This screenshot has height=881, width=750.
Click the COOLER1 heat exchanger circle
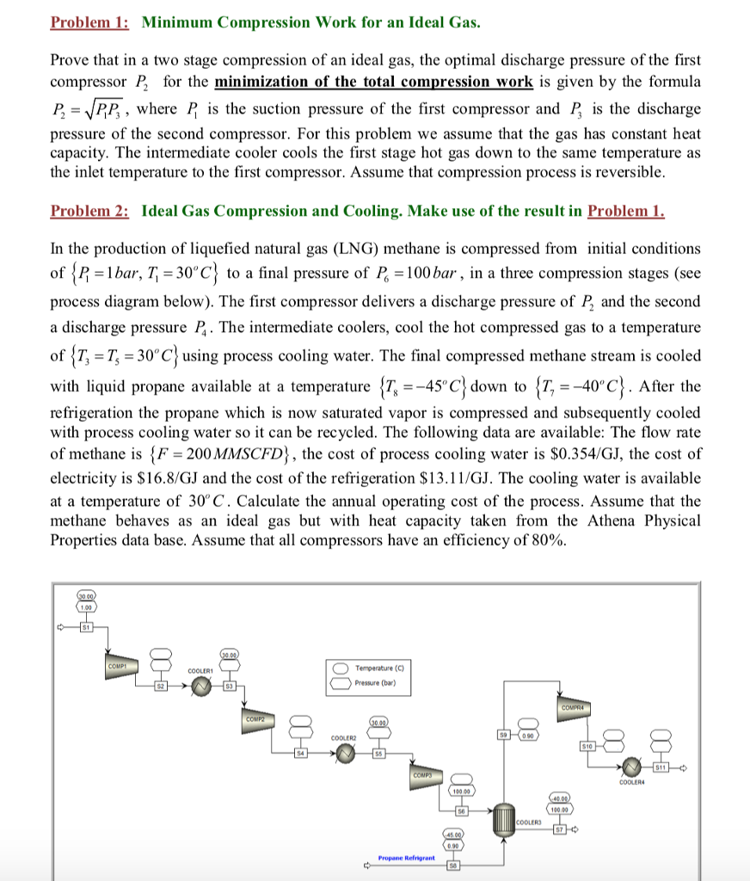point(201,687)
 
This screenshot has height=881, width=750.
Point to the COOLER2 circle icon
point(345,754)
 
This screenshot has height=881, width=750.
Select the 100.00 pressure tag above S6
point(461,791)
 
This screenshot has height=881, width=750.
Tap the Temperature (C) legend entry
point(378,667)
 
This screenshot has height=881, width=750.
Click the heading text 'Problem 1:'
point(89,22)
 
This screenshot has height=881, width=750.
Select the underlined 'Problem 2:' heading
point(89,211)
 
